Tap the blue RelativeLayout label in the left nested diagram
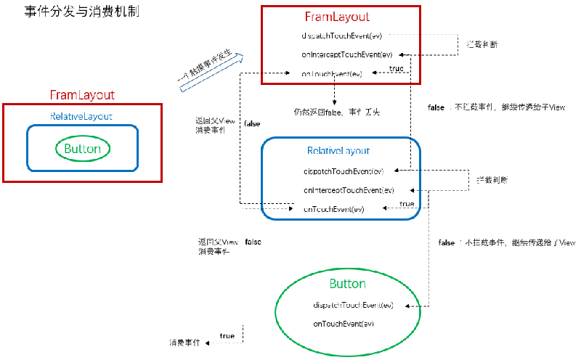81,116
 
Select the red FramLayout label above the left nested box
81,95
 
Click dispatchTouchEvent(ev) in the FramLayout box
341,36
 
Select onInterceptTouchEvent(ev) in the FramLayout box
347,54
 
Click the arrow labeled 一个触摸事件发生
211,70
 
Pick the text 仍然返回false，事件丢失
336,112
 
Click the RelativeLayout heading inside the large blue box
338,151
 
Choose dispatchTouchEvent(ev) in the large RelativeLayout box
343,171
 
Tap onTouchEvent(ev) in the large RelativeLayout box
334,209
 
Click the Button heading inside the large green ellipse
347,283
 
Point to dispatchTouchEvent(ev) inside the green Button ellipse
353,305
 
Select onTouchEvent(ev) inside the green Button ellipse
344,322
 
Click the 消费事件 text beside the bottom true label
184,341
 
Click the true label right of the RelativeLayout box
407,204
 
